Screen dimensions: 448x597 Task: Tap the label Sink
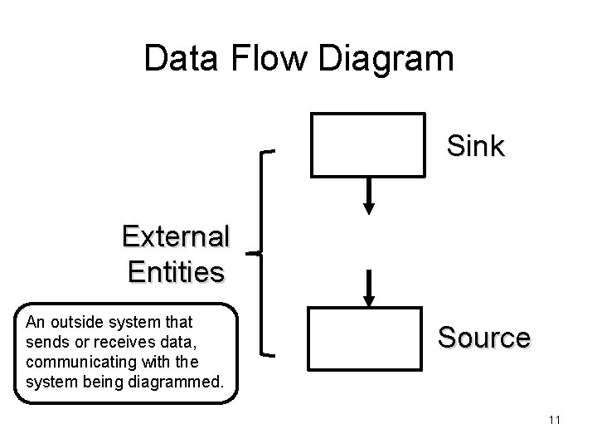pos(475,146)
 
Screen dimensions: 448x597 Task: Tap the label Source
pos(483,338)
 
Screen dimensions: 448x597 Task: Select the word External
pos(175,237)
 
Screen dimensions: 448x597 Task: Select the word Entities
pos(175,271)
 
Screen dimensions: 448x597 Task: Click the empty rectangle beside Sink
pos(367,144)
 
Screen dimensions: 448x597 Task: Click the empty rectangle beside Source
pos(365,338)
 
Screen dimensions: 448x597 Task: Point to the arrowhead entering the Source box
pos(370,299)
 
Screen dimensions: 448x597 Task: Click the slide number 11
pos(555,421)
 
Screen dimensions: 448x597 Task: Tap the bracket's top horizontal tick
pos(270,153)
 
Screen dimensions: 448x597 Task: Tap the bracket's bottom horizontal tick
pos(270,355)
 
